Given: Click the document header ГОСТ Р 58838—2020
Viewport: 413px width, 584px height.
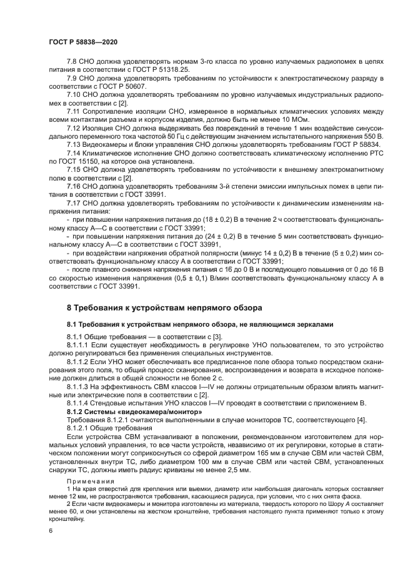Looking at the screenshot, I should click(82, 41).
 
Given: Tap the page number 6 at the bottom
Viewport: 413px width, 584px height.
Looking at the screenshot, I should click(50, 530).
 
